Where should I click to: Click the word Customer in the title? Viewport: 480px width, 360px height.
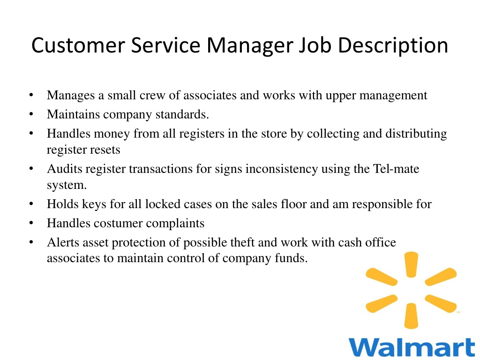pos(78,45)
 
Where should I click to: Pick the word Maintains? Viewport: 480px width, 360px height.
pos(74,114)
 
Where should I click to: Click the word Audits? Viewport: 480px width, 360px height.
pos(65,169)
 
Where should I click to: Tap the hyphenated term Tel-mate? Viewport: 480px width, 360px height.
pos(396,169)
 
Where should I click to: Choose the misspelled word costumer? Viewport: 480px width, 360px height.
pos(118,223)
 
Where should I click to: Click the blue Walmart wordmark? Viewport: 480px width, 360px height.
pos(412,347)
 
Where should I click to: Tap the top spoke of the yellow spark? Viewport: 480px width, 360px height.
pos(411,264)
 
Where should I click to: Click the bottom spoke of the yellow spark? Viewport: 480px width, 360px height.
pos(411,315)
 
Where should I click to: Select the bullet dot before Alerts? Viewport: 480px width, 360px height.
pos(31,242)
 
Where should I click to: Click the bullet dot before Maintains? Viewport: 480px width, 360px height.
pos(31,114)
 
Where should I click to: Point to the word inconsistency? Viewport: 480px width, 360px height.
pos(282,169)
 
